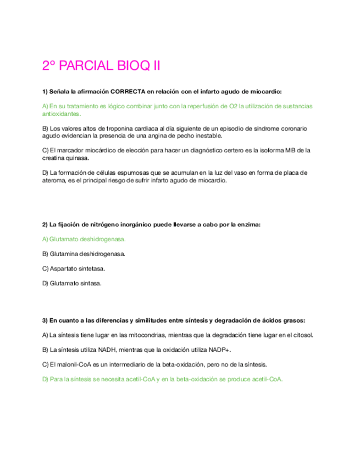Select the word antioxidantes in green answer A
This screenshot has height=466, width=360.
(x=61, y=114)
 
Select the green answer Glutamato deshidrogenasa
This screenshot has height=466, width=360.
(x=84, y=239)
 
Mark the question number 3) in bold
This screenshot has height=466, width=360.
(x=45, y=320)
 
